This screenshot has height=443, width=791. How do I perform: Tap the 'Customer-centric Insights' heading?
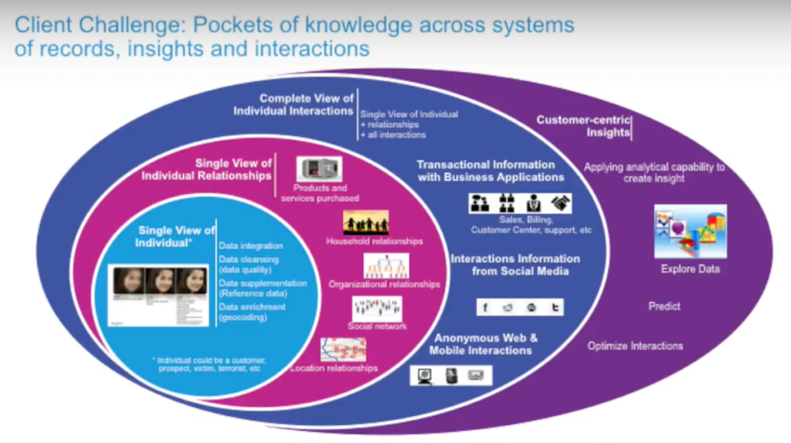tap(584, 126)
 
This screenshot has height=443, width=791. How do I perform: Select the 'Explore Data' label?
tap(690, 269)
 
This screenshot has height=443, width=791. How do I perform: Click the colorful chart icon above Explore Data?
tap(690, 230)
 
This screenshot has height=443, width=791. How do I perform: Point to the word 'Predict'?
tap(664, 306)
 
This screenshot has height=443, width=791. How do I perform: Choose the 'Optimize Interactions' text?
tap(635, 346)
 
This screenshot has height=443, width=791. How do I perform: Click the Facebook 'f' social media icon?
tap(486, 307)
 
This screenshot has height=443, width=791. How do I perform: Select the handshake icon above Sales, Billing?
tap(561, 203)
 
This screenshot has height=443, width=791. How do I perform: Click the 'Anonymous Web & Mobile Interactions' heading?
tap(485, 344)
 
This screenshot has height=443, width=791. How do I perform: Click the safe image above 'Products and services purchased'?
tap(319, 169)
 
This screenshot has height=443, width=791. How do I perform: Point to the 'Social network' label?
tap(377, 325)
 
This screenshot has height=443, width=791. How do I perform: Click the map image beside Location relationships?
tap(343, 349)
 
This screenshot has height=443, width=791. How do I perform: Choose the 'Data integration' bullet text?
tap(251, 245)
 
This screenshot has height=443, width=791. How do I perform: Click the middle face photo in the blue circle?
tap(161, 281)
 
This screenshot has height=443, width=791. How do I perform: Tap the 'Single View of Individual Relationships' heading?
tap(207, 169)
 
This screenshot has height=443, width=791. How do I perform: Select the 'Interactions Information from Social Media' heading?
tap(515, 264)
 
